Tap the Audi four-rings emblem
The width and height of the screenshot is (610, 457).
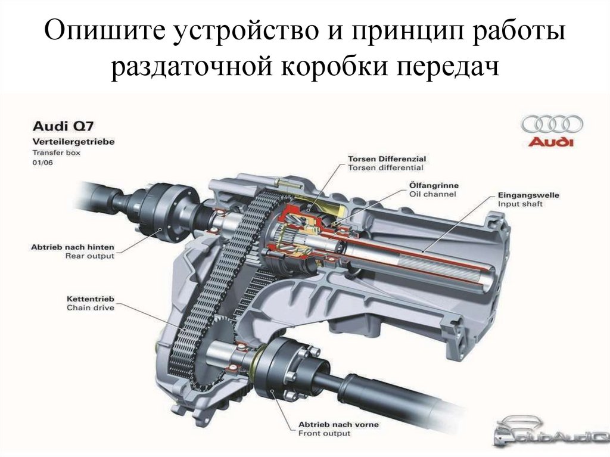coord(552,124)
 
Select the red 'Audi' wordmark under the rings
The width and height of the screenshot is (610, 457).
coord(552,142)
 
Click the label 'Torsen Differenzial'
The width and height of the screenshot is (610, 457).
coord(387,159)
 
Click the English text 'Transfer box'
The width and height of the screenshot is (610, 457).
coord(55,153)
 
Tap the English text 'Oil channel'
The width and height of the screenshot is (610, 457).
coord(433,194)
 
